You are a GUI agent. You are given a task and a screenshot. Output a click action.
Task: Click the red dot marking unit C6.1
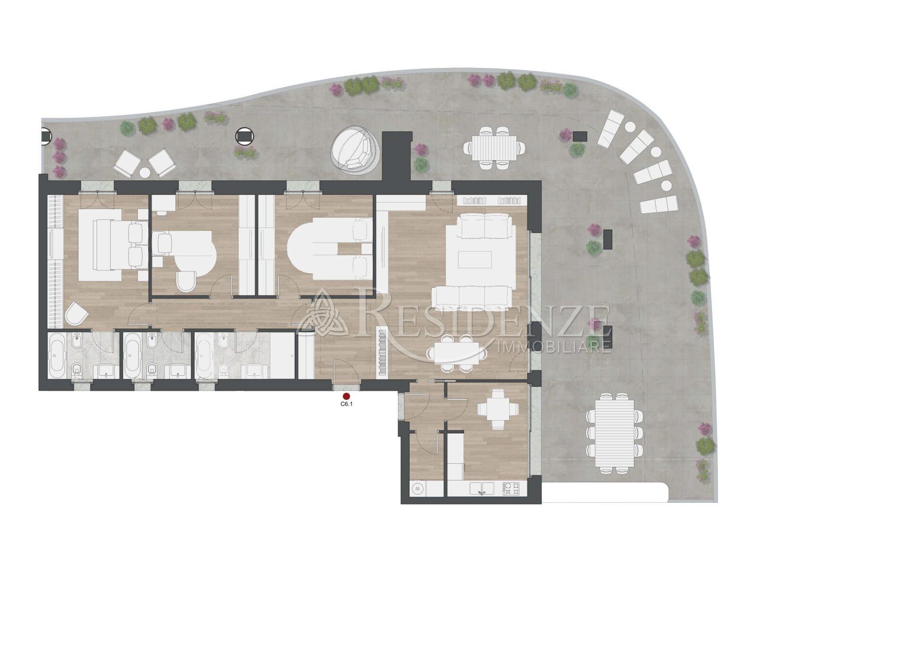(x=346, y=397)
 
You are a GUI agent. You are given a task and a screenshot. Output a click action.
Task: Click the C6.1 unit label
(x=347, y=405)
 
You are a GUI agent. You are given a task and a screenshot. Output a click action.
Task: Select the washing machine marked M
(x=418, y=489)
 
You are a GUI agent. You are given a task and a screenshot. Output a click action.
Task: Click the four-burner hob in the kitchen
(x=511, y=489)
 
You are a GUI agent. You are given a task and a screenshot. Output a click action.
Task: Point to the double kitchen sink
(x=482, y=489)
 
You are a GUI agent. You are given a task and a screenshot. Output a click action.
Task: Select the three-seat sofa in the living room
(x=472, y=298)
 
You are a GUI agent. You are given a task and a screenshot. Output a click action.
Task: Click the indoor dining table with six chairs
(x=456, y=353)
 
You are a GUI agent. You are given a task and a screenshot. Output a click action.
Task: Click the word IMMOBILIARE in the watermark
(x=555, y=348)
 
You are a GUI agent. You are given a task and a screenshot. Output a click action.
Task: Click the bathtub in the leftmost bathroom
(x=59, y=355)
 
